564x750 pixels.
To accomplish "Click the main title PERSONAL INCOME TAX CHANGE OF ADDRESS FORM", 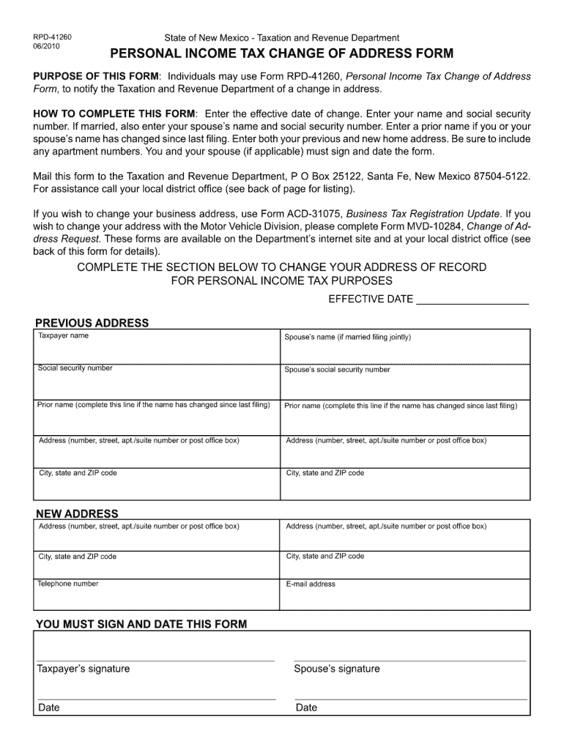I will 281,54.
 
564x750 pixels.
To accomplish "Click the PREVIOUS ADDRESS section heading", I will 92,323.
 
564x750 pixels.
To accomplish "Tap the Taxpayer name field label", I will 64,335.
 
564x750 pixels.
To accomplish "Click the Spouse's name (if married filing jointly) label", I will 348,338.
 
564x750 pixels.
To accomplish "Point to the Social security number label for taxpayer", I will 75,368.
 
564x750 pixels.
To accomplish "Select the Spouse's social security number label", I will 338,370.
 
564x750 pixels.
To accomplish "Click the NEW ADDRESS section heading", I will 77,513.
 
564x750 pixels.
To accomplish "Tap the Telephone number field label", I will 68,584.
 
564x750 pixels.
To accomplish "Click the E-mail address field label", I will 311,584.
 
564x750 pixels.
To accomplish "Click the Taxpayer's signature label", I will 84,669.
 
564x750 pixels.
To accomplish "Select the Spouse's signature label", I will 337,669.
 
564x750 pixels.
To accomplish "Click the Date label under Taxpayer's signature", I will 49,708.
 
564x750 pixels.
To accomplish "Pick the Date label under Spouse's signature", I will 306,708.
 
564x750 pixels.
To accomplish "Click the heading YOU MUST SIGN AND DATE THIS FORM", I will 141,625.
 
